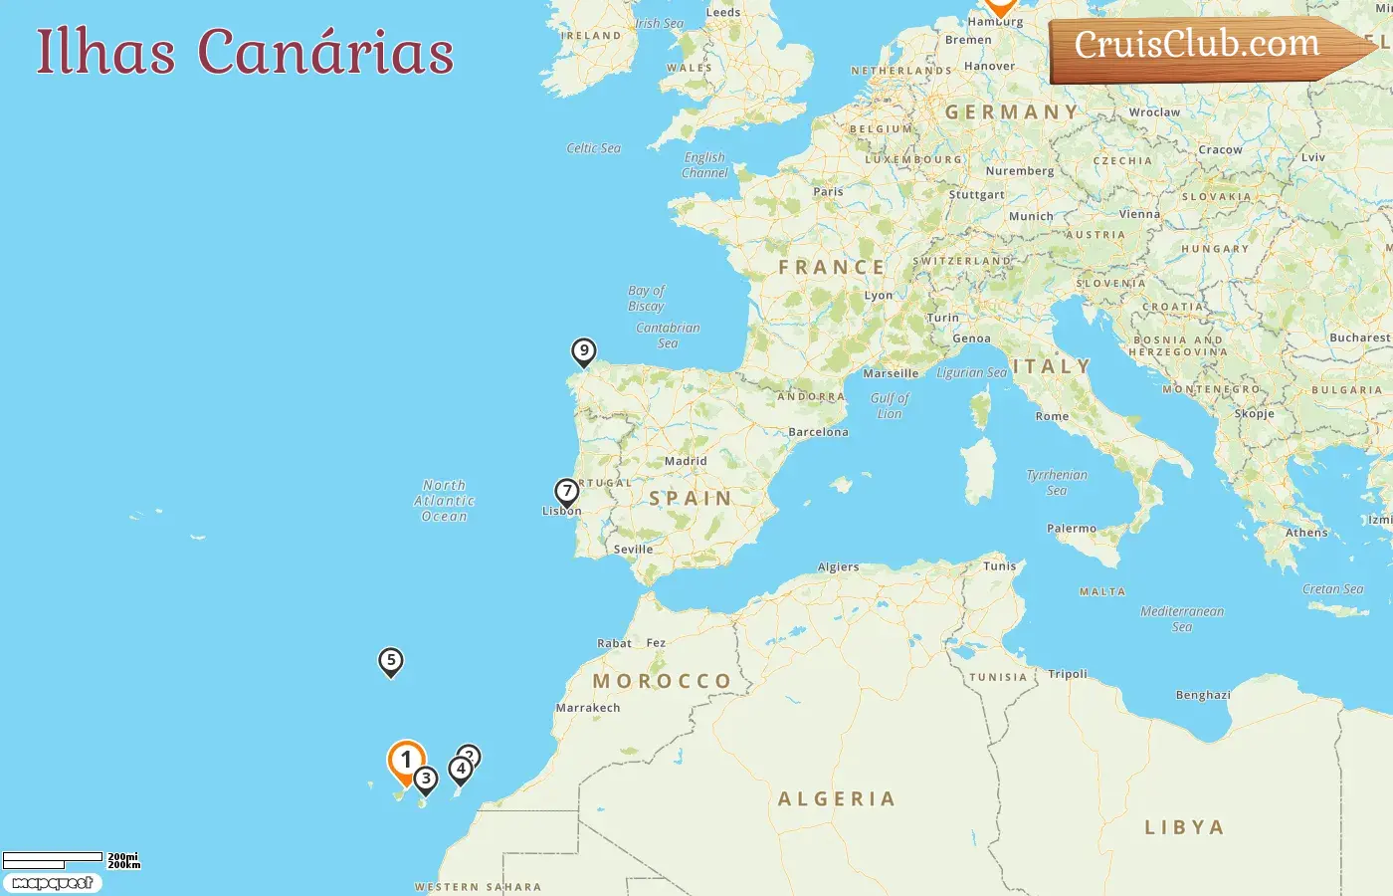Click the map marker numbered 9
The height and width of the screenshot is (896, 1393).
point(584,351)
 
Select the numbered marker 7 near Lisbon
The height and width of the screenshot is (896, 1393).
point(567,492)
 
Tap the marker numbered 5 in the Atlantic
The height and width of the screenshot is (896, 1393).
point(391,661)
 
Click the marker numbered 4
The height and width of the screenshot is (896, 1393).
point(461,770)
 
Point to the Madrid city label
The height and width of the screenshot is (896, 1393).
point(686,462)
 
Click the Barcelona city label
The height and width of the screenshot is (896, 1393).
point(818,432)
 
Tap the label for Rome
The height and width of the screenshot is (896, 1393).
point(1052,417)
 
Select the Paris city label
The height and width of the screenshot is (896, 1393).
point(828,192)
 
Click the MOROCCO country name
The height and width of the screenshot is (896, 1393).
point(663,681)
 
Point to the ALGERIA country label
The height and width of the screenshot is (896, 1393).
point(837,799)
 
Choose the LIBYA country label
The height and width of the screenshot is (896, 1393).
point(1184,827)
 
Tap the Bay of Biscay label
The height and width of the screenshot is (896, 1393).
point(647,299)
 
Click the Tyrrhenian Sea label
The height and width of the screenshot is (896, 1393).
point(1057,483)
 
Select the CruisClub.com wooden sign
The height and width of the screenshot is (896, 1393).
point(1198,46)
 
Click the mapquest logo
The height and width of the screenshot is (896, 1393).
point(53,883)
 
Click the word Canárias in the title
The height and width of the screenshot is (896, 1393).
point(325,53)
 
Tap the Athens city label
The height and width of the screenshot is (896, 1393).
point(1306,533)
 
